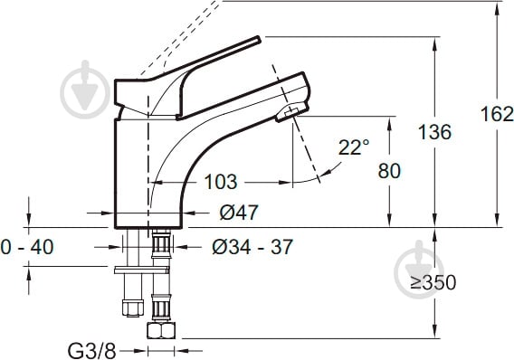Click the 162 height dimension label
tap(497, 114)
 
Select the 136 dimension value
tap(434, 132)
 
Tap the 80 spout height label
tap(389, 171)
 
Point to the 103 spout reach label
tap(220, 182)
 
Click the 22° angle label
tap(354, 147)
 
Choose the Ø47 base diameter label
tap(239, 213)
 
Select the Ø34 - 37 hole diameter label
tap(252, 247)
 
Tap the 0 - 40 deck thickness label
tap(27, 247)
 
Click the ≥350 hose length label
tap(433, 282)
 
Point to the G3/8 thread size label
tap(91, 352)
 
